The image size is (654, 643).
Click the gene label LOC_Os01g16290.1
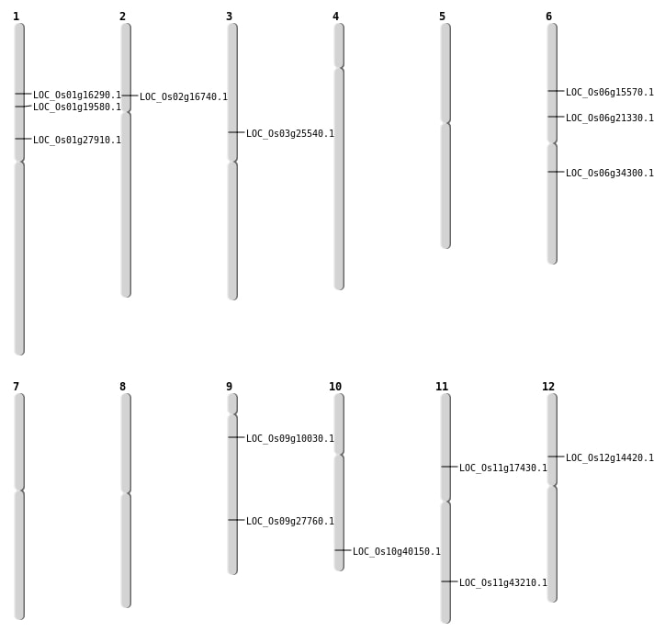[x=77, y=96]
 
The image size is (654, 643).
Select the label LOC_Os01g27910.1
[x=77, y=141]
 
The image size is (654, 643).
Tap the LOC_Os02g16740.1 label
[x=184, y=97]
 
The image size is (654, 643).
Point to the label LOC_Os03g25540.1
[x=290, y=134]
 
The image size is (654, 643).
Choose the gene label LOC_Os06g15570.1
[x=610, y=93]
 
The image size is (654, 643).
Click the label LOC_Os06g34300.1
[x=610, y=174]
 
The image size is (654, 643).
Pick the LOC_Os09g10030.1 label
[x=290, y=439]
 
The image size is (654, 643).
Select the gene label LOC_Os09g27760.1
[x=290, y=522]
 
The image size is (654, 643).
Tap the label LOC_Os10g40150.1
[x=397, y=552]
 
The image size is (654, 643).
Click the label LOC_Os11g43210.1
[x=503, y=583]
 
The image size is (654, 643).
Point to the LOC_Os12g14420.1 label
[x=610, y=458]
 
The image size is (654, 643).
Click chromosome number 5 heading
[x=442, y=17]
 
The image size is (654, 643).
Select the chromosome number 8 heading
[x=122, y=387]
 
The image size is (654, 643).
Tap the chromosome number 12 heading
[x=548, y=387]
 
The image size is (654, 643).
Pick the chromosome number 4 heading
[x=335, y=17]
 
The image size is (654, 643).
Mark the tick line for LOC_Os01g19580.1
[x=23, y=107]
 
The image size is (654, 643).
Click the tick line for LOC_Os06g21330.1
[x=556, y=117]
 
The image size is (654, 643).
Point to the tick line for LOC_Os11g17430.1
[x=449, y=467]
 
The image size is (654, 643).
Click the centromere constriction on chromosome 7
[x=19, y=491]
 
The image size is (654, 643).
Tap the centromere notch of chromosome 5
[x=445, y=122]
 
